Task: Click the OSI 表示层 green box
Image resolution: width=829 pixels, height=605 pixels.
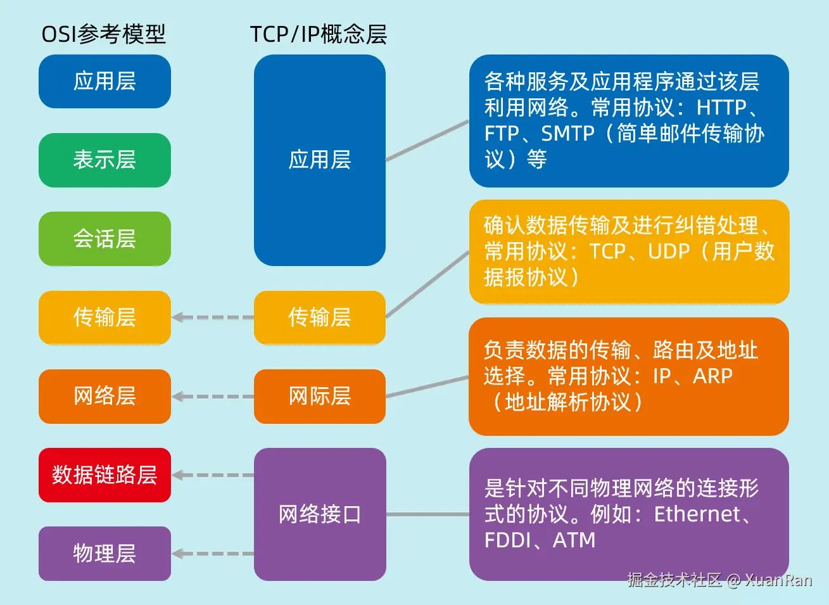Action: (104, 160)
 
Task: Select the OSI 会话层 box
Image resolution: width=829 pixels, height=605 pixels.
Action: (104, 239)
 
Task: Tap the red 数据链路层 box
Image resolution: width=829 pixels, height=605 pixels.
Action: (104, 475)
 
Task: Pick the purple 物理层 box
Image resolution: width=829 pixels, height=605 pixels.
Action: (104, 554)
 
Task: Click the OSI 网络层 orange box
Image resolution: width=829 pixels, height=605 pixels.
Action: (104, 397)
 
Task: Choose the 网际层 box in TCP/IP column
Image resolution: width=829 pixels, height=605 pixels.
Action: (319, 397)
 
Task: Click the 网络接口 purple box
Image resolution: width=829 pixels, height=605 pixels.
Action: (319, 514)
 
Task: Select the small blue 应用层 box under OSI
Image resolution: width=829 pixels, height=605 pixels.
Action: (104, 81)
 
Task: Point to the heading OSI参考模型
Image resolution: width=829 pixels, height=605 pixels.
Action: (103, 34)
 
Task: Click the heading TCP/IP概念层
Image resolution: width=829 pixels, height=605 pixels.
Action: (318, 34)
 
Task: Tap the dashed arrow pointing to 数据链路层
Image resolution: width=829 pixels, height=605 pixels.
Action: (213, 475)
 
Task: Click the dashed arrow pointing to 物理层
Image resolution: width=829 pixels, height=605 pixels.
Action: (213, 554)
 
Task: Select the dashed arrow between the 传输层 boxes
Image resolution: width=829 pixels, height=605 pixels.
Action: (213, 317)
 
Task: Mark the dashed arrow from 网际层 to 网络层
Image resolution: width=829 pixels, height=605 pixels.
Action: (213, 397)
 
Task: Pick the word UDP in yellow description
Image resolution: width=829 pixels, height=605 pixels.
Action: (668, 252)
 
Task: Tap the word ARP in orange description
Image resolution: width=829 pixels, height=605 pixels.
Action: (712, 376)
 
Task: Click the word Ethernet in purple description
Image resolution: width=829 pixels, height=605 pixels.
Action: (697, 514)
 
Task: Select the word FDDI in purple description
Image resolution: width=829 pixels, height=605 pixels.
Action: (507, 540)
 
